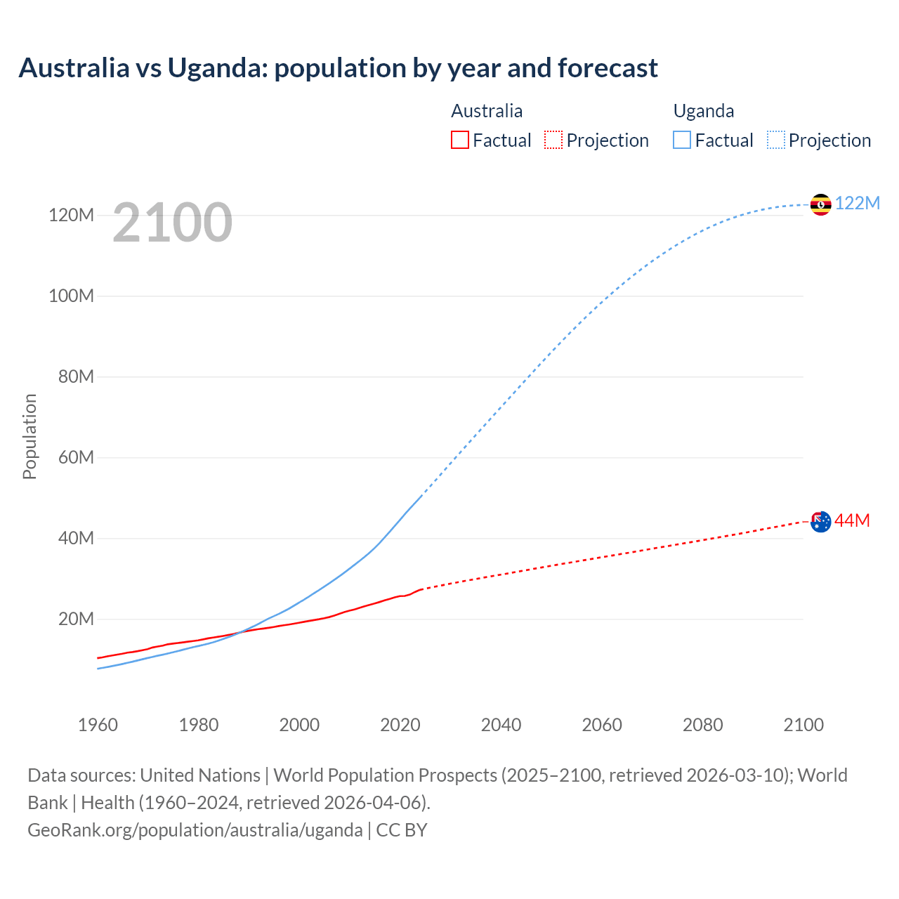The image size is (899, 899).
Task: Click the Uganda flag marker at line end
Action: pos(820,204)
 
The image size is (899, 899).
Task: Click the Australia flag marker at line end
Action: pos(820,521)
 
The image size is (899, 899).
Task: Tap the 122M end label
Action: pos(858,203)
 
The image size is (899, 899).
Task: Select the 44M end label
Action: pos(852,520)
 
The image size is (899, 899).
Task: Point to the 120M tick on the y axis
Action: pos(71,215)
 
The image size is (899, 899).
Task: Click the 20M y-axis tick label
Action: pos(76,619)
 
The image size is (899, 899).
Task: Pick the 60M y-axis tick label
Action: pos(76,457)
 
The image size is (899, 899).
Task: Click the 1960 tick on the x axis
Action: pos(98,725)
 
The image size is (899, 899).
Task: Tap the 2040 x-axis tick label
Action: pos(501,725)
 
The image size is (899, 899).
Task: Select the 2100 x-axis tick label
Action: pos(803,725)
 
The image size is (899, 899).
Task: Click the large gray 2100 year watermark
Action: pos(172,223)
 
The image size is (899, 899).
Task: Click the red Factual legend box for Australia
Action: pos(459,140)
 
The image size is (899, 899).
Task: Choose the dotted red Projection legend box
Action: pos(553,140)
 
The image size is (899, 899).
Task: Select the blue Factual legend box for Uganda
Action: pos(682,140)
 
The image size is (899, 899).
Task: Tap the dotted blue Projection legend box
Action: pos(776,140)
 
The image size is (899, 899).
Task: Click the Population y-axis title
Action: pos(29,436)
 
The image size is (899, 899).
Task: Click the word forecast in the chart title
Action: pos(608,68)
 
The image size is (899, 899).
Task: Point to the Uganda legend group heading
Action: pos(704,111)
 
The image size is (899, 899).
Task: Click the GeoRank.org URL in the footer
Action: pos(195,829)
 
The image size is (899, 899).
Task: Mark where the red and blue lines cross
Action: pos(237,633)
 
